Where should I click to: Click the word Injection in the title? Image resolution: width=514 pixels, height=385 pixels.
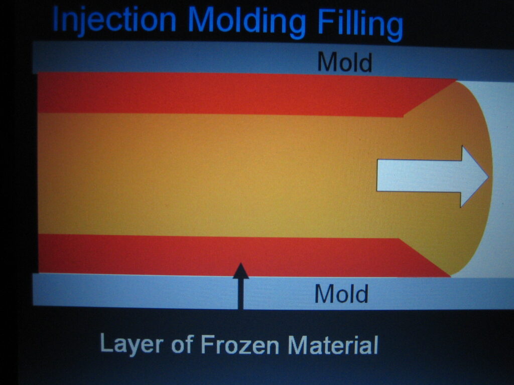(x=114, y=20)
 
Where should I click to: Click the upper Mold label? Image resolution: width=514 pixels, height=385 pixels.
(x=345, y=62)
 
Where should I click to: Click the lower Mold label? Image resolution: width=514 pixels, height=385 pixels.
(x=341, y=294)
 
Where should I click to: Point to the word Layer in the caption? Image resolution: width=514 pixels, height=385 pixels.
(x=132, y=343)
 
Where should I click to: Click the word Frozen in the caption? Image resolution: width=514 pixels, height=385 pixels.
(x=239, y=344)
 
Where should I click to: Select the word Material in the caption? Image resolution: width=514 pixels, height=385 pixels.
(x=333, y=345)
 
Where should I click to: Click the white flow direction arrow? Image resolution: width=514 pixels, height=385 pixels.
(x=432, y=176)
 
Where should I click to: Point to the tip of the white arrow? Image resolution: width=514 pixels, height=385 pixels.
(x=488, y=176)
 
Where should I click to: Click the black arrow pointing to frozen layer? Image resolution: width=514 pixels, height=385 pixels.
(x=241, y=286)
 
